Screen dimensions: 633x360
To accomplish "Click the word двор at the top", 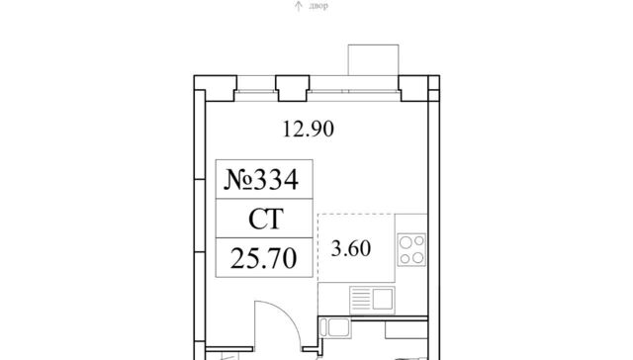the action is [x=318, y=6].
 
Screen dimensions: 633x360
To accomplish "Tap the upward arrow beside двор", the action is [x=299, y=6].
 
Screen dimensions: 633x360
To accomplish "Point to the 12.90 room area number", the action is [x=309, y=130].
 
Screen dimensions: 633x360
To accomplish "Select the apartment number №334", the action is [x=261, y=179].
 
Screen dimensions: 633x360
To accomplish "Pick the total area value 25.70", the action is [x=264, y=258].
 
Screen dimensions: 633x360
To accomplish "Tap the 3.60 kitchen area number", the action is [x=351, y=248].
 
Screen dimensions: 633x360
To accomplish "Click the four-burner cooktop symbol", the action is [x=411, y=249].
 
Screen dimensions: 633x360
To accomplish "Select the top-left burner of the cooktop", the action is [x=406, y=242].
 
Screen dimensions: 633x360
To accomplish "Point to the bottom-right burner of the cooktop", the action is [x=418, y=257].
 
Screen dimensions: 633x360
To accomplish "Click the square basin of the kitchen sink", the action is [x=383, y=299].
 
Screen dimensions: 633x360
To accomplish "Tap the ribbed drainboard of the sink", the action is [x=361, y=300].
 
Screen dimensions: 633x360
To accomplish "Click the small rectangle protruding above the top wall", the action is [x=374, y=59].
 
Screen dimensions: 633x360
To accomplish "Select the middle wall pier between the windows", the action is [x=293, y=88].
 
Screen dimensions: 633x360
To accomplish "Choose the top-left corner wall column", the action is [x=216, y=88].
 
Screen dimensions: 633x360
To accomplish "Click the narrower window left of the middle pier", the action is [x=256, y=91].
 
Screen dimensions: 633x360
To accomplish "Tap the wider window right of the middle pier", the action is [x=354, y=91].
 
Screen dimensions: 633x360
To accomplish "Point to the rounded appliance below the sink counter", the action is [x=335, y=327].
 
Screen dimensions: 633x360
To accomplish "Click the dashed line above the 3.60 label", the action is [x=356, y=214].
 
